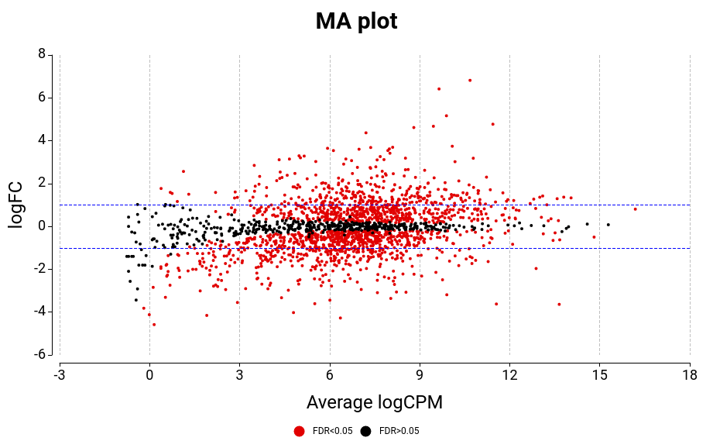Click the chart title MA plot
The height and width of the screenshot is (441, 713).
point(356,22)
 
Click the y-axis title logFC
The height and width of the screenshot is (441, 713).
point(16,205)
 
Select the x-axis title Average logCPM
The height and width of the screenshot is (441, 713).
point(375,402)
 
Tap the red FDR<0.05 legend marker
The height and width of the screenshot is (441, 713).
point(300,431)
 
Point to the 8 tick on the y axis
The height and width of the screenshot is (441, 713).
point(41,54)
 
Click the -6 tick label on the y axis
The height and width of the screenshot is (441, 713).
point(38,354)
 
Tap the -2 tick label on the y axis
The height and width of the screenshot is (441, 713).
point(38,269)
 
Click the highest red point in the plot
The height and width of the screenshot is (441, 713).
point(470,80)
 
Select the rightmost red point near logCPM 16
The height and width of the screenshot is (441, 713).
point(636,208)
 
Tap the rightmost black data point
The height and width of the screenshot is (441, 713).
point(608,225)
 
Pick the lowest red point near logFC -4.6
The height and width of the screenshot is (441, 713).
point(154,324)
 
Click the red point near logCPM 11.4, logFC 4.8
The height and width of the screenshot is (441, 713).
point(492,124)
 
